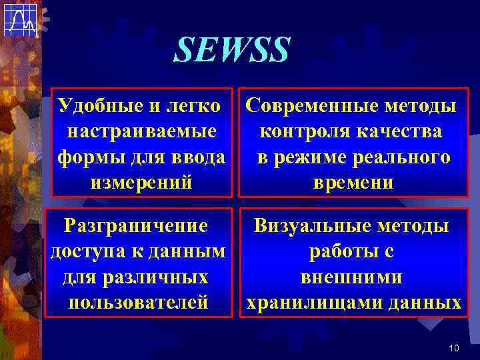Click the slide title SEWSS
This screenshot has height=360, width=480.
(232, 49)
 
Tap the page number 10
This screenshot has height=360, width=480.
(454, 348)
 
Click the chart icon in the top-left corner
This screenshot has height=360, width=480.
(19, 19)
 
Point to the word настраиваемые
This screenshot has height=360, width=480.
(141, 131)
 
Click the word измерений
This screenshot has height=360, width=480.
(141, 182)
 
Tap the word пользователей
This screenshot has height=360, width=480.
(139, 302)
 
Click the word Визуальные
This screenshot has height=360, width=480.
(303, 225)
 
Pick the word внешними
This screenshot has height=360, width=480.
(351, 277)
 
